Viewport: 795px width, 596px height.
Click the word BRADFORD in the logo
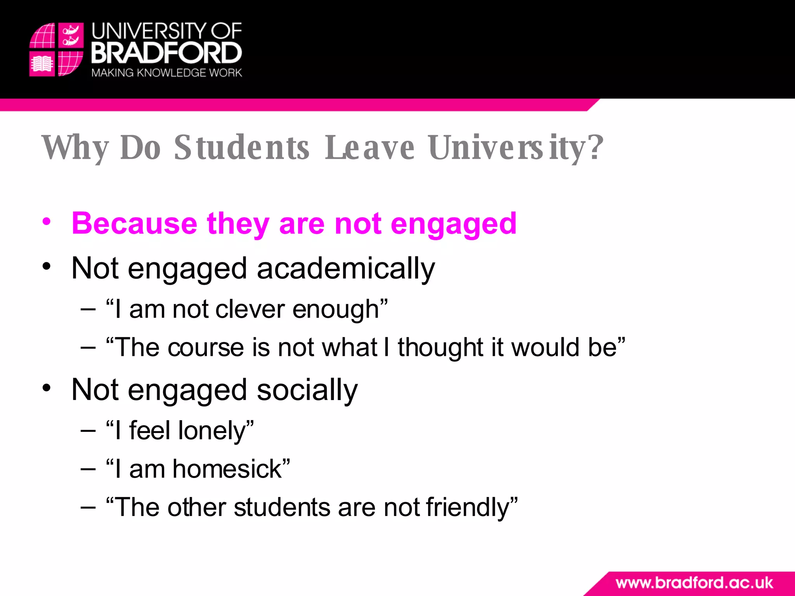point(167,53)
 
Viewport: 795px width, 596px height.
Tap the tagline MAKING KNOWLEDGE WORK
point(167,73)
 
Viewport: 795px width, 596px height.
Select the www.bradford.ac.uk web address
point(694,583)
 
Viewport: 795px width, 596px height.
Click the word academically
point(345,269)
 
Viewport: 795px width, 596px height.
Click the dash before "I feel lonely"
point(88,431)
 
